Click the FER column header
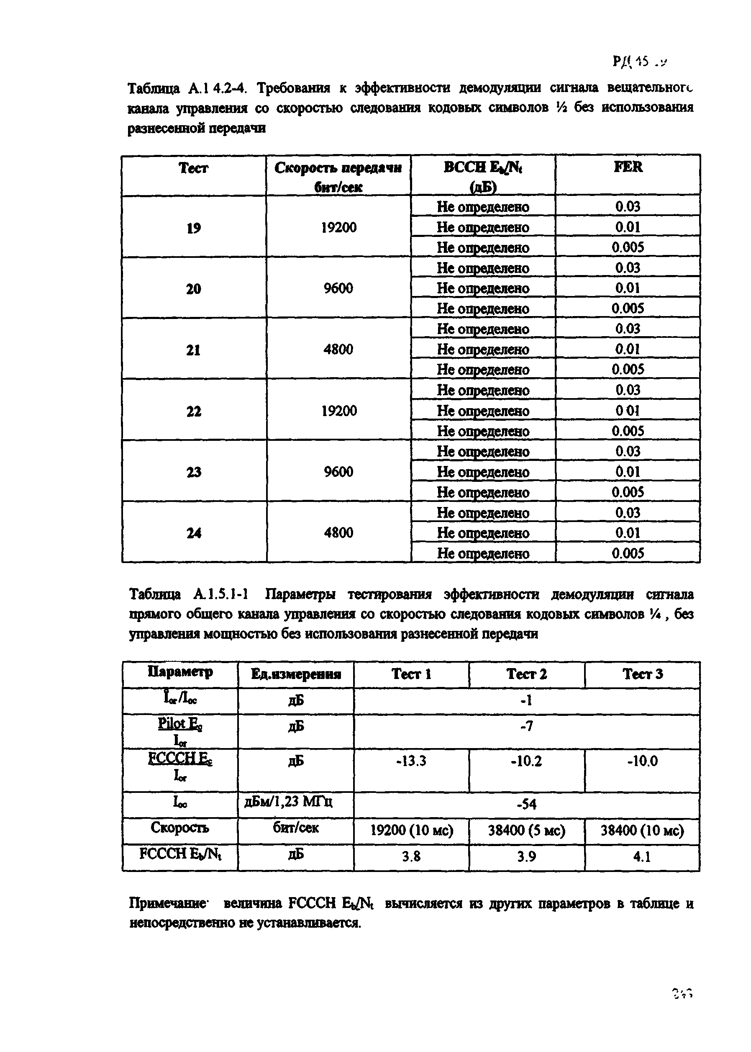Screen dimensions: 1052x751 tap(628, 167)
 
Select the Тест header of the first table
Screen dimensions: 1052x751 tap(193, 168)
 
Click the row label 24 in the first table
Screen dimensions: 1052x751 tap(193, 533)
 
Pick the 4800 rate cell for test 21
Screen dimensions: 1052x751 tap(338, 349)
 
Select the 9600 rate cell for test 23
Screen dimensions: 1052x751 tap(338, 472)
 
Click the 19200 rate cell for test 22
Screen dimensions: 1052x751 tap(339, 411)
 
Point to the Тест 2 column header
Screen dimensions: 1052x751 tap(526, 674)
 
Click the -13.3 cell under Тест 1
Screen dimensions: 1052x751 tap(411, 761)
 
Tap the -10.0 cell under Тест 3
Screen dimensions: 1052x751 tap(642, 761)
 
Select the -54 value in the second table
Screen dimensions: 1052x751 tap(526, 805)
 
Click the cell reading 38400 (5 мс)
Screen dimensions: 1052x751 tap(526, 831)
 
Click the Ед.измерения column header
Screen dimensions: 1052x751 tap(296, 674)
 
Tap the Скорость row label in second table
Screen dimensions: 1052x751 tap(179, 828)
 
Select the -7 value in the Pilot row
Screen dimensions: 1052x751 tap(526, 726)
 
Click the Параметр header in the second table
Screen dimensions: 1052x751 tap(180, 672)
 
